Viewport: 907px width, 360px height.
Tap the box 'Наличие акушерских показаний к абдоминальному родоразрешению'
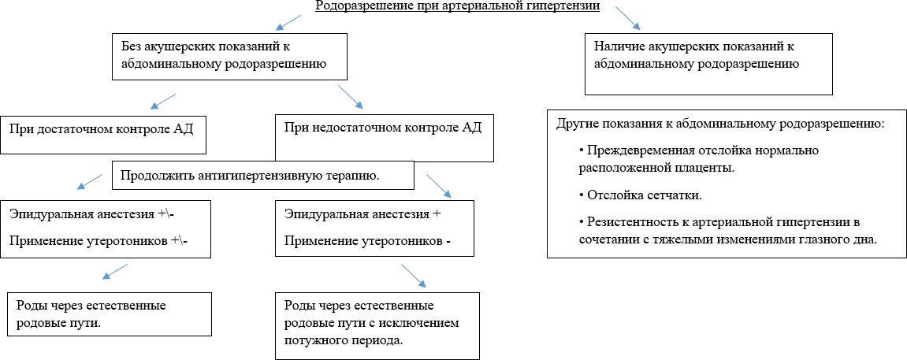point(708,62)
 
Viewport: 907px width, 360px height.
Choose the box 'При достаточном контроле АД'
point(104,135)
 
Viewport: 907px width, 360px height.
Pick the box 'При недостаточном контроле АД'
point(384,137)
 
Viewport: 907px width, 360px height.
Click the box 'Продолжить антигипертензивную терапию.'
point(263,175)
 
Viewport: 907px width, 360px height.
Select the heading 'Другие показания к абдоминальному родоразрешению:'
point(720,124)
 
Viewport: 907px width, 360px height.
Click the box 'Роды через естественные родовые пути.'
point(110,314)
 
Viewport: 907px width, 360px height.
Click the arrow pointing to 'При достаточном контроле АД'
point(162,100)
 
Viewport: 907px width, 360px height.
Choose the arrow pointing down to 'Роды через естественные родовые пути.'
point(116,271)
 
